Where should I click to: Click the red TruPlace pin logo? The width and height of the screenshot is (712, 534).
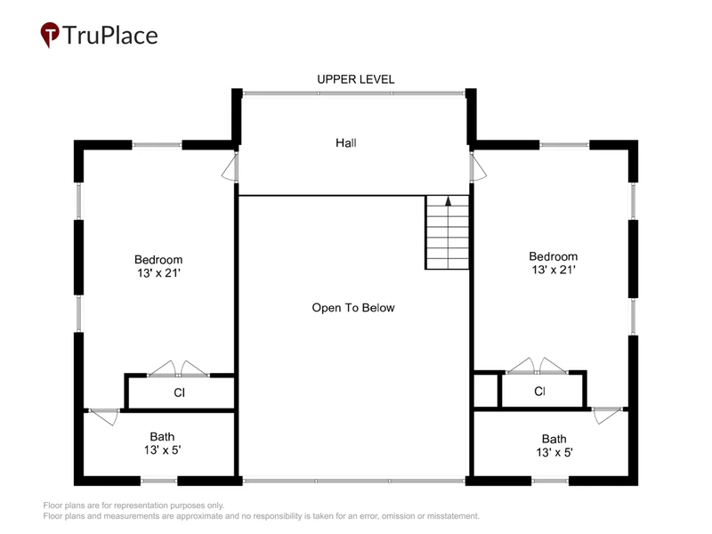[x=50, y=35]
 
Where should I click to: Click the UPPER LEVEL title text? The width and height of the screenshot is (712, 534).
[x=355, y=79]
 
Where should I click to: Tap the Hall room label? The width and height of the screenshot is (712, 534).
[x=346, y=143]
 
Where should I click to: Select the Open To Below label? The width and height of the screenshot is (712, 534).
[x=353, y=308]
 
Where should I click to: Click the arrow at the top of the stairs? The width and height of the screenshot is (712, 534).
[x=449, y=201]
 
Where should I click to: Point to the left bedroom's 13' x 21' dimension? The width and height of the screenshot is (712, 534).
[x=159, y=273]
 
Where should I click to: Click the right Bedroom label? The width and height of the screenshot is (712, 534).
[x=553, y=256]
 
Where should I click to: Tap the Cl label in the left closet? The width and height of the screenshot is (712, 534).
[x=180, y=392]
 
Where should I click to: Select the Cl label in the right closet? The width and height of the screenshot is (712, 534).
[x=540, y=391]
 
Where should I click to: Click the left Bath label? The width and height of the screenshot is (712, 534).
[x=162, y=436]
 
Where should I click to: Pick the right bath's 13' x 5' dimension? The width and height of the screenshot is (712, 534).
[x=554, y=452]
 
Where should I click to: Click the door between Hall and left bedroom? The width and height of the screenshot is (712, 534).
[x=231, y=167]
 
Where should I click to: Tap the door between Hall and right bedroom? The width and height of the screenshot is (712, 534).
[x=478, y=167]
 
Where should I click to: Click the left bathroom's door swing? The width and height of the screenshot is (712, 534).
[x=104, y=417]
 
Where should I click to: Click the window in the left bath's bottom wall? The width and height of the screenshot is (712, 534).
[x=158, y=481]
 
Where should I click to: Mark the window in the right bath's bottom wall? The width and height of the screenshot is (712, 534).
[x=550, y=481]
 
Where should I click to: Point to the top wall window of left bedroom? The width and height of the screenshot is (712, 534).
[x=157, y=145]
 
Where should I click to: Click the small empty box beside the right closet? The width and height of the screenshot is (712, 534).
[x=486, y=391]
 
